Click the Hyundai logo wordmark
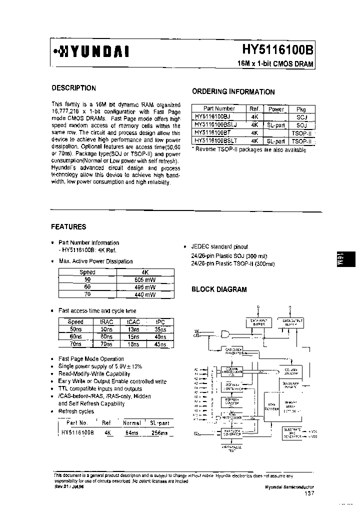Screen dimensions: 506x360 (x=92, y=51)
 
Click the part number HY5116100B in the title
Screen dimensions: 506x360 (x=277, y=50)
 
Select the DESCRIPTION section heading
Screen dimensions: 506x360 (x=73, y=88)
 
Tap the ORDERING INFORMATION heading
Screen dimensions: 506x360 (x=233, y=91)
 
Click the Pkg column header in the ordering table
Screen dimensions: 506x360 (x=301, y=109)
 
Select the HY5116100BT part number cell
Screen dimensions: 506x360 (x=214, y=133)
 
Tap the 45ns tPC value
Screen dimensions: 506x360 (x=160, y=344)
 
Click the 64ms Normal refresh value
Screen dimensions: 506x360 (x=132, y=433)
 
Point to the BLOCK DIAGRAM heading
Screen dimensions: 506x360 (x=219, y=289)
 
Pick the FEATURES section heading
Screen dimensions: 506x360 (x=68, y=226)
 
